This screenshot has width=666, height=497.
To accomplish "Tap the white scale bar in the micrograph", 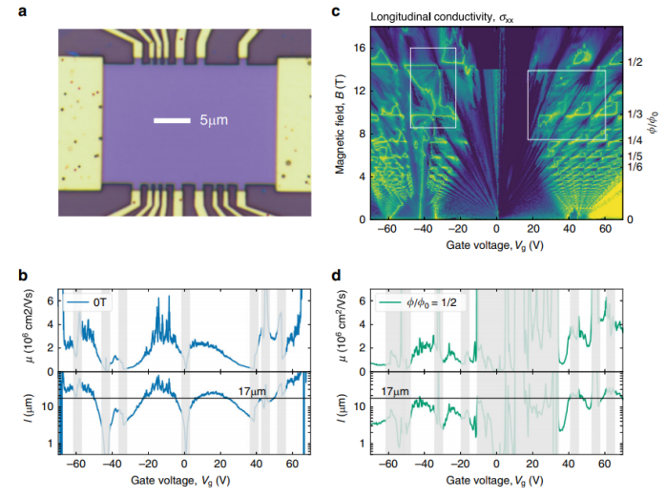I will tap(172, 121).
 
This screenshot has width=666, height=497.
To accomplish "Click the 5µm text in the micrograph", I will tap(213, 121).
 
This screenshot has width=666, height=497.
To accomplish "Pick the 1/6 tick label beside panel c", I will tap(634, 168).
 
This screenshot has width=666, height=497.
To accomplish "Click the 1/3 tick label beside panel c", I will tap(634, 114).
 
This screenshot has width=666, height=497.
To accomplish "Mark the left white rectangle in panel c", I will tap(433, 87).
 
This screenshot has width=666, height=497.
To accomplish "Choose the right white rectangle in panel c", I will tap(567, 105).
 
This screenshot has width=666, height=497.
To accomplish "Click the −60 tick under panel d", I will tap(386, 461).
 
